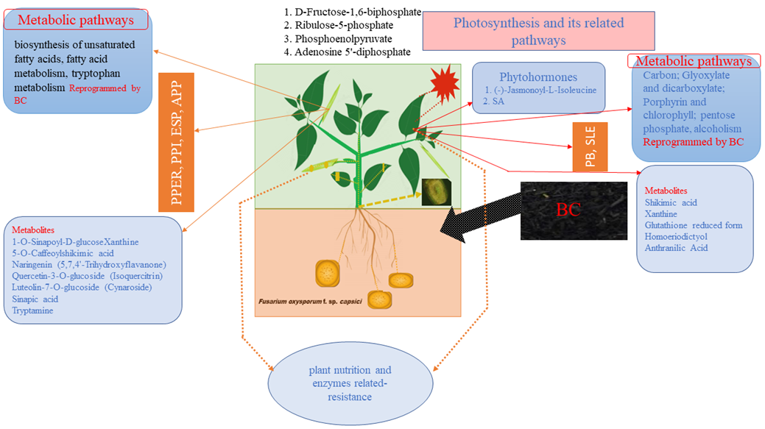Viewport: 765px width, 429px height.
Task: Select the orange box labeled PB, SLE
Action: pos(590,146)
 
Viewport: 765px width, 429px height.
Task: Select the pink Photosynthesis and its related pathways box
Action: pos(538,32)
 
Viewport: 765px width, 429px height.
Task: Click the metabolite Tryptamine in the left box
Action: pos(32,311)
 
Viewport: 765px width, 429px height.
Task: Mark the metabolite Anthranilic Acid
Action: pos(676,248)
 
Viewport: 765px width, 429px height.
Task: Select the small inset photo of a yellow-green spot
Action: pos(436,192)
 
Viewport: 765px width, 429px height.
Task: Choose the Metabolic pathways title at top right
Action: pos(693,61)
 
